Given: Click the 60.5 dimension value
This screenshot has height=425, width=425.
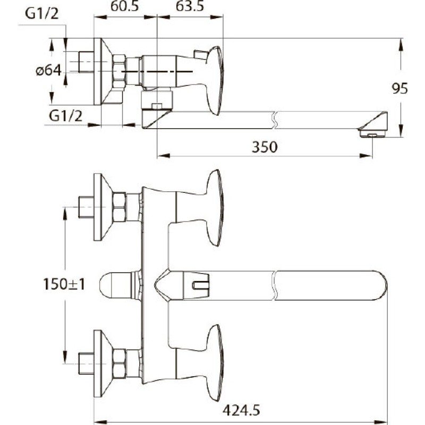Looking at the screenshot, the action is tap(124, 6).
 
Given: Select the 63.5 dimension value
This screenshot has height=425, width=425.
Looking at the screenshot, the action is tap(190, 6).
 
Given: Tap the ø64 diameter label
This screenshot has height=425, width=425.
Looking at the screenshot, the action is tap(49, 71).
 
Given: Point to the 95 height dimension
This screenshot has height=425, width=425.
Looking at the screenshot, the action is tap(400, 88).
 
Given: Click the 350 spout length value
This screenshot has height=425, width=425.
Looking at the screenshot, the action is tap(265, 147).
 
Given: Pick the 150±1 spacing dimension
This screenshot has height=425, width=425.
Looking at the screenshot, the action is tap(64, 284).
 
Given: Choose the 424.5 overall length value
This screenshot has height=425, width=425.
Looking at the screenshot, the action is tap(241, 410).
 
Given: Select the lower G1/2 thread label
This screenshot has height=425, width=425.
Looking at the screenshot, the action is tap(65, 116).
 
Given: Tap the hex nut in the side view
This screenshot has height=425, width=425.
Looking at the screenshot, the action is tap(119, 72).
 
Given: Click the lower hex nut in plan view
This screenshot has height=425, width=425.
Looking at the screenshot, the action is tap(119, 363).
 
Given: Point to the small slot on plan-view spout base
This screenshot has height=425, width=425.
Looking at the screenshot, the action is tap(200, 285).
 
